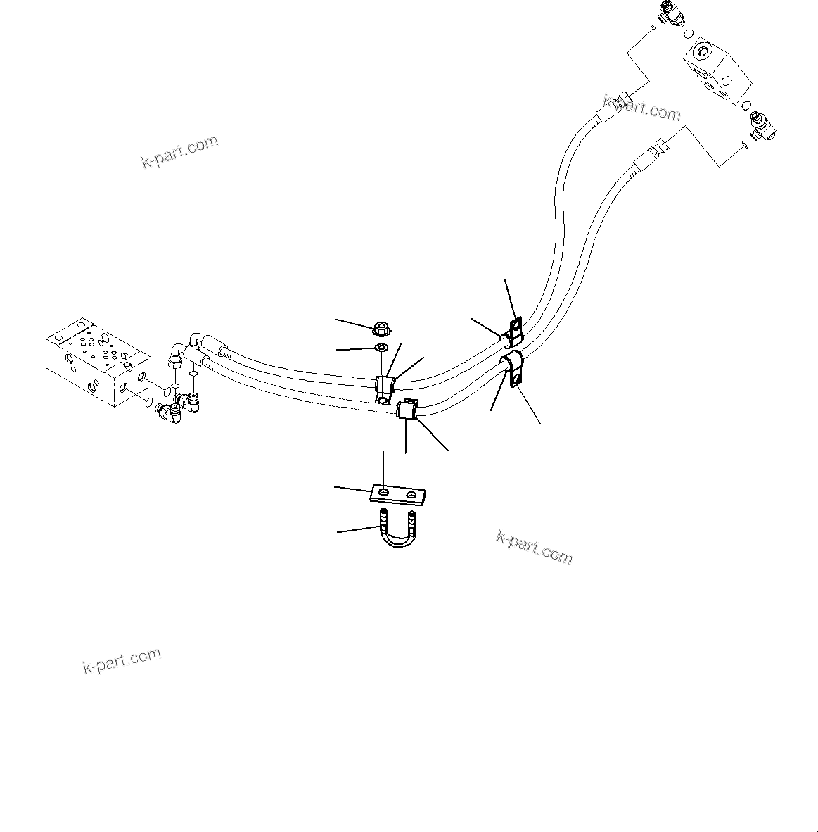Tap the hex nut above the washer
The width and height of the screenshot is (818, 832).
point(380,327)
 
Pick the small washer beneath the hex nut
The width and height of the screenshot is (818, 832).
point(380,348)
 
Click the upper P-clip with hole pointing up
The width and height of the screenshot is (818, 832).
point(512,329)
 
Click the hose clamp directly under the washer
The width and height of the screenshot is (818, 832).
point(385,386)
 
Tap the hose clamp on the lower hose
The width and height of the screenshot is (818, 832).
point(407,409)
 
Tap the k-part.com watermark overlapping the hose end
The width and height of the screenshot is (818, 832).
point(642,108)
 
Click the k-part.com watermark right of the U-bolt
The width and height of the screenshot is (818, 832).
point(534,547)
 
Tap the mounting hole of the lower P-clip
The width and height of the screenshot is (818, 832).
point(518,381)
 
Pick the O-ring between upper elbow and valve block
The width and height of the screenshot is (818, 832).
point(688,32)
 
